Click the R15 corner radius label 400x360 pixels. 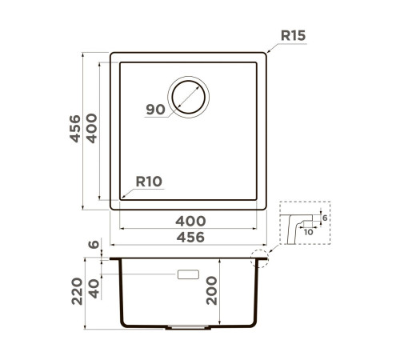click(x=293, y=35)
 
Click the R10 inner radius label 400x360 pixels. click(x=149, y=182)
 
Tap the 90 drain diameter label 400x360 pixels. click(x=155, y=110)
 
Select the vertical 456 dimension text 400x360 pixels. click(x=75, y=129)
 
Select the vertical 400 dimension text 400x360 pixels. click(x=92, y=129)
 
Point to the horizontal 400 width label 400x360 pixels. click(x=190, y=221)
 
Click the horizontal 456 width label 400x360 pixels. click(x=190, y=237)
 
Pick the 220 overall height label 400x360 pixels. click(x=77, y=291)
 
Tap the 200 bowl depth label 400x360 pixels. click(x=212, y=290)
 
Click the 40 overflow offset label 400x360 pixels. click(x=94, y=289)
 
